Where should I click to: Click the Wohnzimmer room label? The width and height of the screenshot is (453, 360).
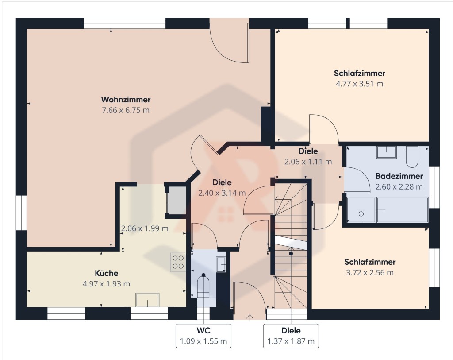[x=126, y=100]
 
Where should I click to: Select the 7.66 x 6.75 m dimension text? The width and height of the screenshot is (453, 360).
[x=126, y=110]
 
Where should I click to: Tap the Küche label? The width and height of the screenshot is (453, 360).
[x=106, y=273]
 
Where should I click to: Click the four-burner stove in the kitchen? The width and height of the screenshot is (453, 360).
[x=178, y=262]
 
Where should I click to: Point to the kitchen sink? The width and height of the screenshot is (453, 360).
[x=147, y=300]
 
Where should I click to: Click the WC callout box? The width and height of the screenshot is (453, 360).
[x=203, y=336]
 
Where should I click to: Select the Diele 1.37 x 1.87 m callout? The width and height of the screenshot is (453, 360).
[x=291, y=336]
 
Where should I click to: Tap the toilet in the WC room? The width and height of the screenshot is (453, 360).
[x=203, y=286]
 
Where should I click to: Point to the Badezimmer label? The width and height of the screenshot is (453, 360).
[x=399, y=176]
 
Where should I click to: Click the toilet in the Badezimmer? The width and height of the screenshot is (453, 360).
[x=412, y=157]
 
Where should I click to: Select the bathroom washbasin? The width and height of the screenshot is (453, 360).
[x=386, y=152]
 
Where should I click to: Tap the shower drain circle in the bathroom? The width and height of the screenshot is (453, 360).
[x=361, y=214]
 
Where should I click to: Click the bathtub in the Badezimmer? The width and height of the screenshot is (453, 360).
[x=403, y=210]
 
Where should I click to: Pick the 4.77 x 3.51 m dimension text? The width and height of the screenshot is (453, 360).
[x=359, y=84]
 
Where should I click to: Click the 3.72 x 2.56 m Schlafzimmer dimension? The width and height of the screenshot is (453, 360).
[x=370, y=272]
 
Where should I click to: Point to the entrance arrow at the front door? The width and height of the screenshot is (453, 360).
[x=250, y=317]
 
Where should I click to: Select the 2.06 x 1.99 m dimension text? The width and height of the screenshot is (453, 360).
[x=145, y=228]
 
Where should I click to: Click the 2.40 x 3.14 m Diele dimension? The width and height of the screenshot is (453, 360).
[x=222, y=193]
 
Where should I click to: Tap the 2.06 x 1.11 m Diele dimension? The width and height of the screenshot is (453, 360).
[x=308, y=162]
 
